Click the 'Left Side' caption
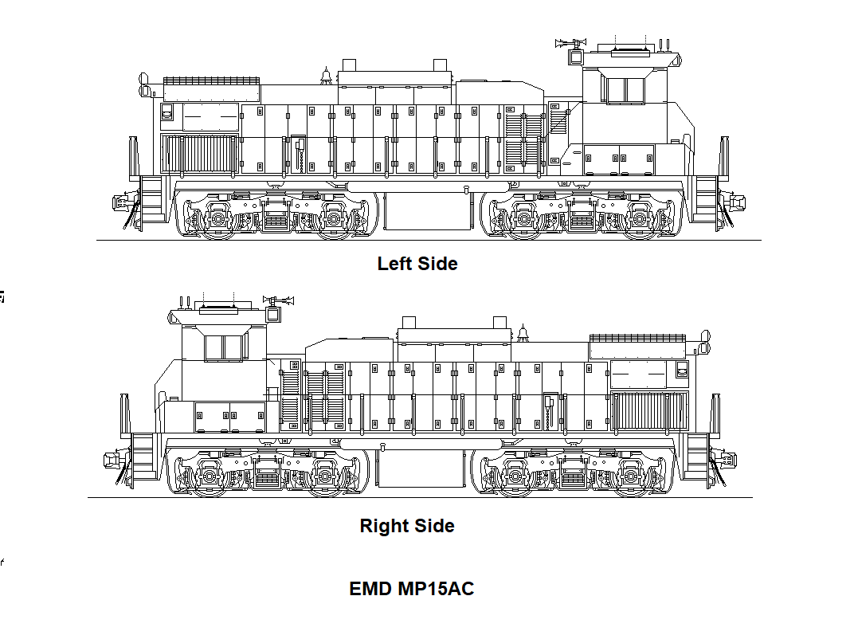417,264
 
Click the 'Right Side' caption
407,526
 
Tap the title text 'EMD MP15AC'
411,589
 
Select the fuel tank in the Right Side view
421,469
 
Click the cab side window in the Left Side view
625,90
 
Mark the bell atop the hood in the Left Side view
324,76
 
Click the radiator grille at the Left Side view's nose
199,153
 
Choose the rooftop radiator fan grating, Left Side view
212,81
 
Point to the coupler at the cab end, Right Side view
112,460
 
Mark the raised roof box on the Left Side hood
394,76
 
